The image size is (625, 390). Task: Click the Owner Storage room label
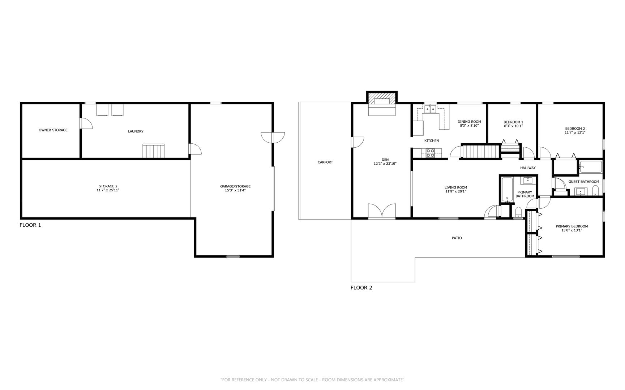pyautogui.click(x=53, y=130)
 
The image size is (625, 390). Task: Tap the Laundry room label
pyautogui.click(x=136, y=131)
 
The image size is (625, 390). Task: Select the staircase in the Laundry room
pyautogui.click(x=154, y=151)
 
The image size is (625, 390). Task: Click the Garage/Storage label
pyautogui.click(x=235, y=186)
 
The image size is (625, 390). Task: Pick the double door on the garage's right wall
pyautogui.click(x=273, y=138)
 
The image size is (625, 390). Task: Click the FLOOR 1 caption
pyautogui.click(x=30, y=225)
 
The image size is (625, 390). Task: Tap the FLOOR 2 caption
pyautogui.click(x=361, y=288)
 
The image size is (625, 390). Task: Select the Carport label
pyautogui.click(x=325, y=162)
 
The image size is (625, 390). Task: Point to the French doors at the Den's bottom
pyautogui.click(x=382, y=211)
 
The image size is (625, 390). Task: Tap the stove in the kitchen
pyautogui.click(x=430, y=153)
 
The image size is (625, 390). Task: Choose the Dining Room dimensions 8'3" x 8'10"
pyautogui.click(x=469, y=126)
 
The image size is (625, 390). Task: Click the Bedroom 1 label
pyautogui.click(x=513, y=122)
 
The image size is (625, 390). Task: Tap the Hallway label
pyautogui.click(x=528, y=168)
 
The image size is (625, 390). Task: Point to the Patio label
pyautogui.click(x=457, y=238)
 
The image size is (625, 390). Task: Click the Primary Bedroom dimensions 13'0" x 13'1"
pyautogui.click(x=572, y=230)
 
